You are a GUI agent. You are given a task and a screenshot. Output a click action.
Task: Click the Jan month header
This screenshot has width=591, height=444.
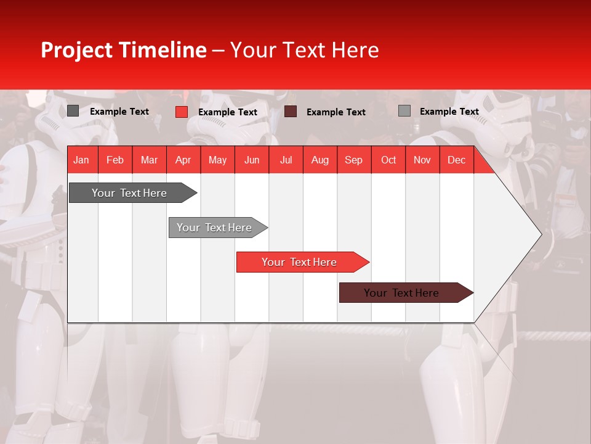point(82,160)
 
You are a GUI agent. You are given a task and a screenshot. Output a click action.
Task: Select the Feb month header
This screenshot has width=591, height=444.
point(115,160)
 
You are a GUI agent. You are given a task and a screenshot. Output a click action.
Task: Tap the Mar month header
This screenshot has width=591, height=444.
point(149,160)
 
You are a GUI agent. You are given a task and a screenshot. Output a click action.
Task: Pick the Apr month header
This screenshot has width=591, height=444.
point(183,160)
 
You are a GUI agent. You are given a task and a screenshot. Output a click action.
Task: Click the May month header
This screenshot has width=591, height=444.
point(217,160)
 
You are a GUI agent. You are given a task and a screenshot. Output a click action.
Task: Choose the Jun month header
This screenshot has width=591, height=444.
point(252,160)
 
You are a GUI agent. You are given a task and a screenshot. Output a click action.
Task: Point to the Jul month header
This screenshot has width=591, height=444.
point(286,160)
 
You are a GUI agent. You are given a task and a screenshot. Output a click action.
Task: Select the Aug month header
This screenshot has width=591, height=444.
point(320,160)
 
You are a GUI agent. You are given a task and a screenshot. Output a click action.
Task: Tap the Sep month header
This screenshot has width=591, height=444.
point(354,160)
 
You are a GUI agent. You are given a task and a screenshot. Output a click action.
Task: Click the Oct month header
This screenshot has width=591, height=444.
point(388,160)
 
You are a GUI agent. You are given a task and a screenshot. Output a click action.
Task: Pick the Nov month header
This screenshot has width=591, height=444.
point(422,160)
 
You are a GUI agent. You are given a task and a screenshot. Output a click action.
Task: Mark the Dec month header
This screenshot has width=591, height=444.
point(457,160)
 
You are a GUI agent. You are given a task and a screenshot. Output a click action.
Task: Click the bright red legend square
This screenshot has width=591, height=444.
point(182,112)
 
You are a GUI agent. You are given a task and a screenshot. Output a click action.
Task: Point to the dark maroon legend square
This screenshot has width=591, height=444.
point(291,112)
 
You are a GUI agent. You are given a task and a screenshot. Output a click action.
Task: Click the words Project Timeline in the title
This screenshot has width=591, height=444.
point(124,50)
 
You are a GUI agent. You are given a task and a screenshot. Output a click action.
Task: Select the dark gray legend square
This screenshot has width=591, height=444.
point(73,111)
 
